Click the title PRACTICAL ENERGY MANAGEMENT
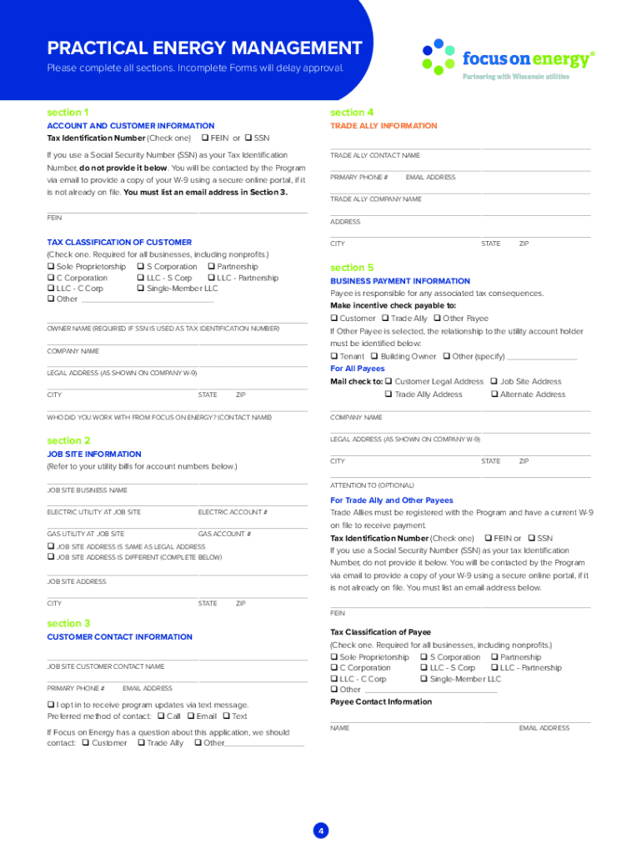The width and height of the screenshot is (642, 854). pos(204,48)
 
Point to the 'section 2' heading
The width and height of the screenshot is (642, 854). pos(68,440)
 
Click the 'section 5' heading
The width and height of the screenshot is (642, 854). pos(352,268)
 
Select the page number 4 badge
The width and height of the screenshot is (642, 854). pos(321,831)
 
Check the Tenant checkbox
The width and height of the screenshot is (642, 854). pos(334,356)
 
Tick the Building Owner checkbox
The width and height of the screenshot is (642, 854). pos(374,356)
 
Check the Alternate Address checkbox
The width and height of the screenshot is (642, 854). pos(494,394)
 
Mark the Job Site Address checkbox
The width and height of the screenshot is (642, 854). pos(494,381)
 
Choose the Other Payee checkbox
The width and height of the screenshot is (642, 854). pos(437,319)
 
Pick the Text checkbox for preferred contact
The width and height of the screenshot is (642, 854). pos(226,716)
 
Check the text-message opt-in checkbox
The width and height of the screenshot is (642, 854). pos(51,705)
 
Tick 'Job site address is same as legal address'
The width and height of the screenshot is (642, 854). pos(51,546)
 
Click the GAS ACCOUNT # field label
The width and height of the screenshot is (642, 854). pos(224,534)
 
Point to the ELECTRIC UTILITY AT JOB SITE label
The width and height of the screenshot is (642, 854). pos(94,512)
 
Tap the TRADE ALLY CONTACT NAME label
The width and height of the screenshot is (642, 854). pos(375,156)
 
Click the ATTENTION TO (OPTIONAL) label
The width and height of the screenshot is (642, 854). pos(372,485)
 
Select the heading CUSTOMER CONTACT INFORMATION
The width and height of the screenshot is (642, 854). pos(119,637)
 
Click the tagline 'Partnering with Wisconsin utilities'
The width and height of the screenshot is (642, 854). pos(516,77)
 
